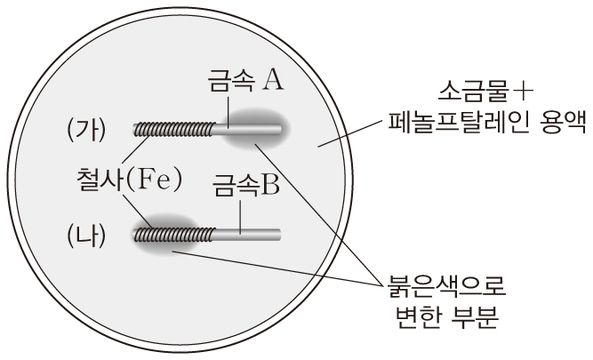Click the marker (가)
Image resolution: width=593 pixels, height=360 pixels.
[x=86, y=131]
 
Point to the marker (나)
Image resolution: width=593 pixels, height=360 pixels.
[x=86, y=235]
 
